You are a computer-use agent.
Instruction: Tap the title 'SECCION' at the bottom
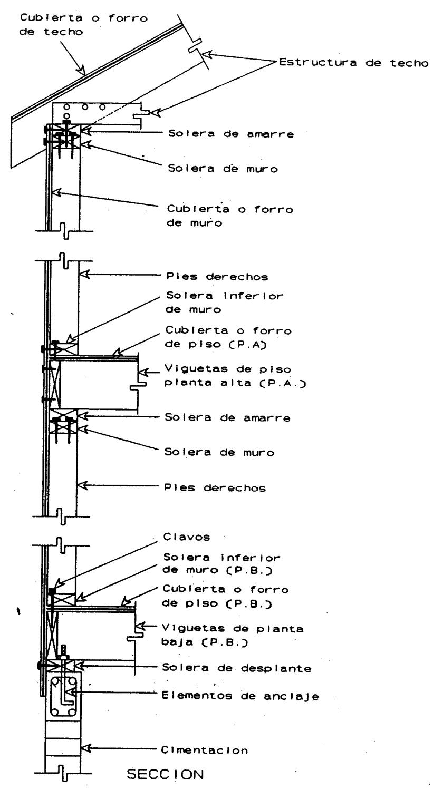pyautogui.click(x=153, y=774)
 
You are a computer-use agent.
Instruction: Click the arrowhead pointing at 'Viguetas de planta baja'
pyautogui.click(x=141, y=627)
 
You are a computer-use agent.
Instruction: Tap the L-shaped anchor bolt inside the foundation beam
pyautogui.click(x=66, y=690)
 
